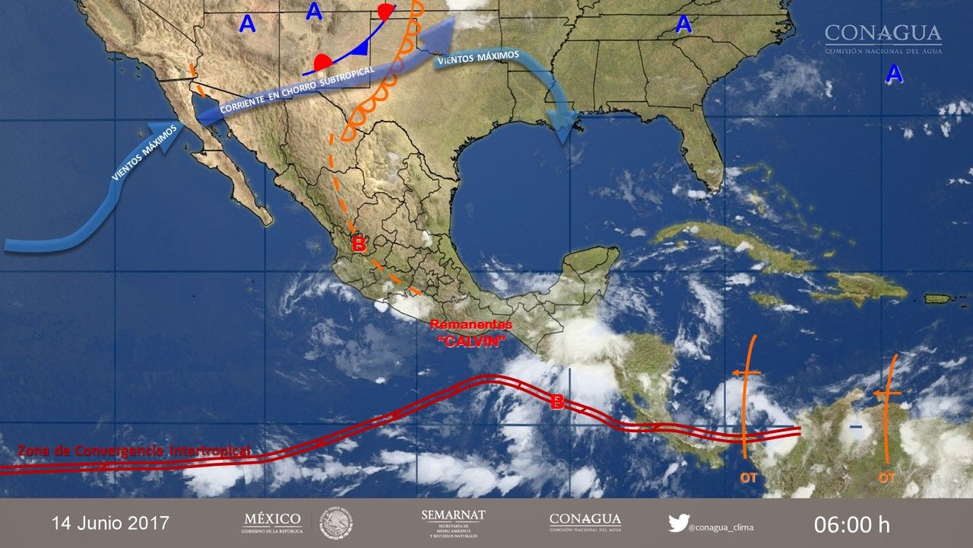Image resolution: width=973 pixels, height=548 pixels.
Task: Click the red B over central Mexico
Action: point(360,245)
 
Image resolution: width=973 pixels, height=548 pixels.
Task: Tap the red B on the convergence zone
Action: point(557,403)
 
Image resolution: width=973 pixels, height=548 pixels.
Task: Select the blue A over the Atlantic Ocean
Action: point(894,74)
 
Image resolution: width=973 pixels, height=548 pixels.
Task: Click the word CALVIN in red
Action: point(471,341)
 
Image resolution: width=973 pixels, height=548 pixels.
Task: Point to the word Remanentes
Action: point(471,325)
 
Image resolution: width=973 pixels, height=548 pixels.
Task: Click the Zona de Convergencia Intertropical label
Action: point(134,451)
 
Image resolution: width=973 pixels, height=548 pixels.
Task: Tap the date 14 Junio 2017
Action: point(110,523)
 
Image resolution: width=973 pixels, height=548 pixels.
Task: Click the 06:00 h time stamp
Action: point(851,524)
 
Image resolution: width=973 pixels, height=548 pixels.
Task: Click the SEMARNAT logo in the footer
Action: point(453,522)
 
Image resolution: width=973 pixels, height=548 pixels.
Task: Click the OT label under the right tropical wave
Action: point(886,477)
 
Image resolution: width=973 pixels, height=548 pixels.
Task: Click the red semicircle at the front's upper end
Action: point(387,12)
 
